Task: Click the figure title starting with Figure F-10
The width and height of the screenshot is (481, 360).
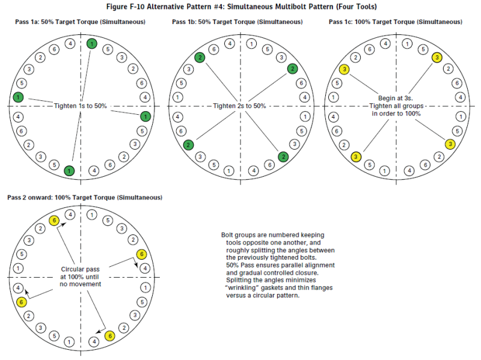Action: [240, 7]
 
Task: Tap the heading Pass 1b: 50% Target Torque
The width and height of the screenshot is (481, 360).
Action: [237, 22]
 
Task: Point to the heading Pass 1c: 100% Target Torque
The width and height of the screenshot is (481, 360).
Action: [395, 22]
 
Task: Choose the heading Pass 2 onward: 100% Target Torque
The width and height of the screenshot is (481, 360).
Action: [84, 197]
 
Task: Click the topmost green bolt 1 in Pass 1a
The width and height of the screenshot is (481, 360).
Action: [91, 43]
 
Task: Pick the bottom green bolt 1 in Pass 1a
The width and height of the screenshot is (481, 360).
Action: [70, 171]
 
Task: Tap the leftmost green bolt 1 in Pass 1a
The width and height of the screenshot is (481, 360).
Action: [19, 97]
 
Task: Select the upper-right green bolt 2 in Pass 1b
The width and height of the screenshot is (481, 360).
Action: [292, 69]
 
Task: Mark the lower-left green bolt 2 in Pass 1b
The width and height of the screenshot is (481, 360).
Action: [189, 145]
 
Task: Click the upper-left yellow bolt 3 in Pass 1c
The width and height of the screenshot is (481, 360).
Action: [344, 70]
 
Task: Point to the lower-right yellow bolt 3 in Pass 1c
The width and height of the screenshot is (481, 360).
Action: [449, 144]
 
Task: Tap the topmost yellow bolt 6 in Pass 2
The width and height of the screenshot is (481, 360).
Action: [54, 221]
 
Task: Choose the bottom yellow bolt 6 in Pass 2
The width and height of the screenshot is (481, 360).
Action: [109, 336]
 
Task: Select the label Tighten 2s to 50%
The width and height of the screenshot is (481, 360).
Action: [239, 106]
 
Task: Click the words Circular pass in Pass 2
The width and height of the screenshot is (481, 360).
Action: [81, 269]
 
